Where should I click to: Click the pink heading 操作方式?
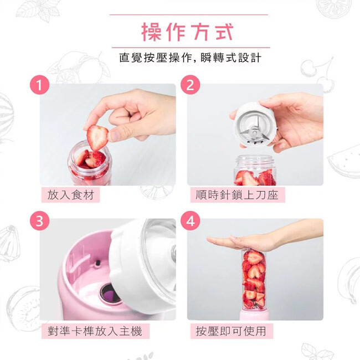(187, 32)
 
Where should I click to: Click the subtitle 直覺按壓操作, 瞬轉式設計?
(190, 58)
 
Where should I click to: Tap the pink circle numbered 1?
(40, 85)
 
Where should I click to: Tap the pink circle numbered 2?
(190, 85)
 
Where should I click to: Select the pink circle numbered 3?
(40, 221)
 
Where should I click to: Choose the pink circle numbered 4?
(190, 221)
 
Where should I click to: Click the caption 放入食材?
(71, 195)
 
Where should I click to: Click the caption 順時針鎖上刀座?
(237, 195)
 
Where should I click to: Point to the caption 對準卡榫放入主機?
(95, 331)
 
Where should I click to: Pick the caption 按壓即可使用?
(231, 331)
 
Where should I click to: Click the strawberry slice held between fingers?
(97, 137)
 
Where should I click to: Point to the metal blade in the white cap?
(254, 130)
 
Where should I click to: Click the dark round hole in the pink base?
(110, 294)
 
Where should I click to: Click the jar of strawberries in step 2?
(255, 170)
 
